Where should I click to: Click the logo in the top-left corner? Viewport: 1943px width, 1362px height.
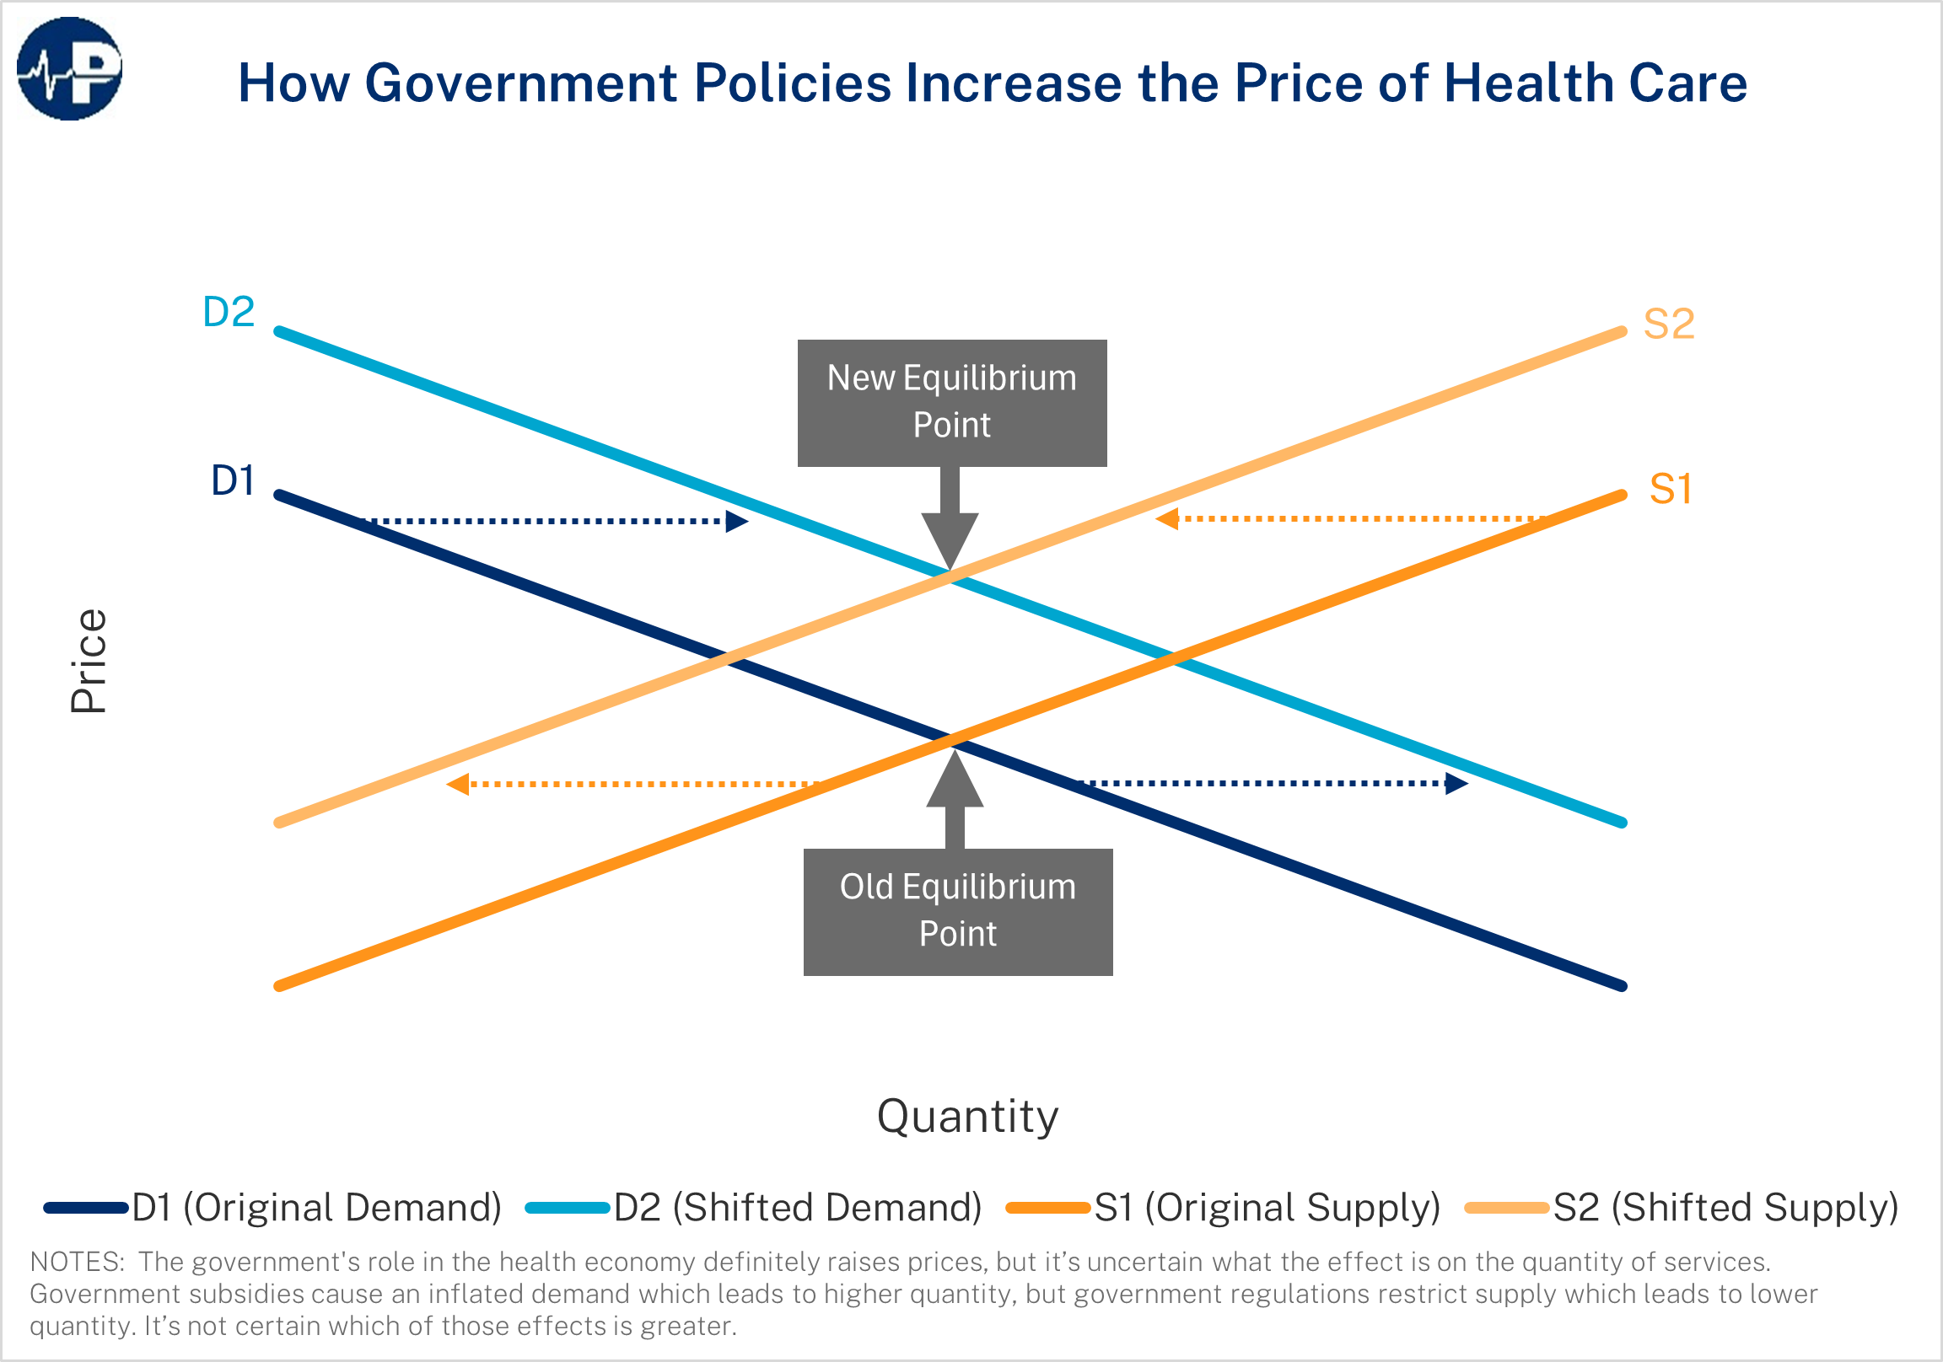pos(69,69)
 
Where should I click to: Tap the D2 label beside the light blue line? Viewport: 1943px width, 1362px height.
pos(229,312)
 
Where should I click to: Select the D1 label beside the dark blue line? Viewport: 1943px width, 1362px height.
pos(233,480)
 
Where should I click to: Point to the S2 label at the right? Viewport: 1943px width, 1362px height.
pos(1669,324)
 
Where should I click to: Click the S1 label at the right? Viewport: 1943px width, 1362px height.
pos(1671,489)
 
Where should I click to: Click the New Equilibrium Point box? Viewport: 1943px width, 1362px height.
pos(952,403)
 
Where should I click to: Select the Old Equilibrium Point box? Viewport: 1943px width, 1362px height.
pos(958,912)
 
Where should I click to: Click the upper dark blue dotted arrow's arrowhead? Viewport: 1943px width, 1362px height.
pos(736,521)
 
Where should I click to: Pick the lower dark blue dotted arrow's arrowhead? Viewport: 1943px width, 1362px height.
pos(1456,783)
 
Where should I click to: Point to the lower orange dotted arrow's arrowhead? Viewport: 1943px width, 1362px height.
pos(459,784)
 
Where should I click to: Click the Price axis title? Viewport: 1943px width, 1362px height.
pos(89,661)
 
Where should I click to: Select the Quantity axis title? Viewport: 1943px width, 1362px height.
pos(967,1116)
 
